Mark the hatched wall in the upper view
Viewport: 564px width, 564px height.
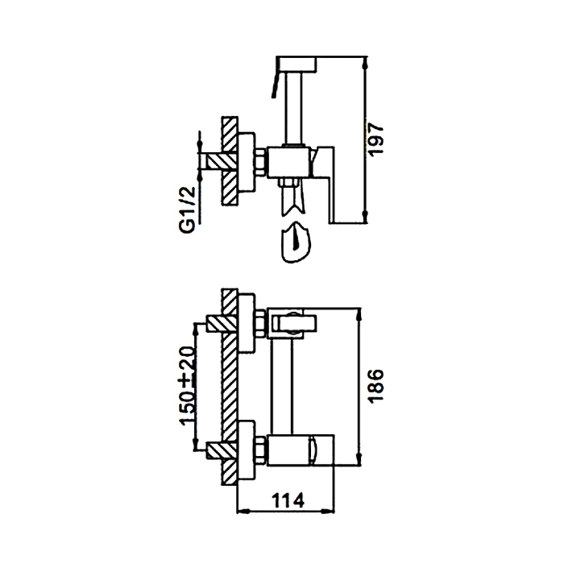pyautogui.click(x=230, y=161)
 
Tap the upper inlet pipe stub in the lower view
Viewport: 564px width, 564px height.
pyautogui.click(x=213, y=324)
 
